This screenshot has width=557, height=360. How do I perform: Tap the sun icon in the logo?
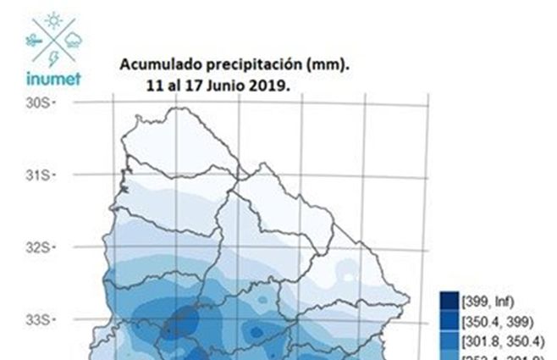pyautogui.click(x=53, y=20)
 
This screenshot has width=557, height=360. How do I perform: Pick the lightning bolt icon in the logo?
pyautogui.click(x=53, y=58)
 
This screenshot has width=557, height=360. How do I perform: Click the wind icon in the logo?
pyautogui.click(x=34, y=39)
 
